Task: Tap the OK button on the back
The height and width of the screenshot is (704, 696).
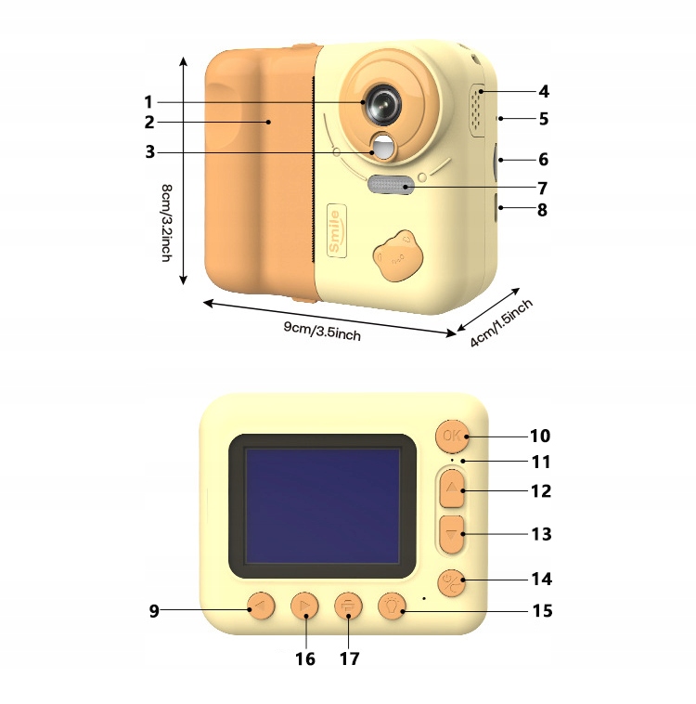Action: (x=452, y=436)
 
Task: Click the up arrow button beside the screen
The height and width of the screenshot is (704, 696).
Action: (x=452, y=488)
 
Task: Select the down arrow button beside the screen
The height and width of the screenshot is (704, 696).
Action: (x=452, y=534)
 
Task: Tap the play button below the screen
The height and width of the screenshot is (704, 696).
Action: (x=303, y=607)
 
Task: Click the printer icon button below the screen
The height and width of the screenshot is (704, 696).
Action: (x=348, y=607)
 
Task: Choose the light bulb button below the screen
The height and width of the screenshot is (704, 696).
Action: (x=393, y=607)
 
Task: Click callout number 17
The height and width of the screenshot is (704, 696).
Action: (x=349, y=658)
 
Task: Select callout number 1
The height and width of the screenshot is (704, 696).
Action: (x=148, y=100)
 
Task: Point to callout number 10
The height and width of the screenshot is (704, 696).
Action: (x=539, y=436)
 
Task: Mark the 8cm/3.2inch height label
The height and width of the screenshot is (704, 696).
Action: (x=166, y=223)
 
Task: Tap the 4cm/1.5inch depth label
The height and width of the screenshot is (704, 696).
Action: (x=501, y=322)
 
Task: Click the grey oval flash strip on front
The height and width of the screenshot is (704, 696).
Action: (x=391, y=186)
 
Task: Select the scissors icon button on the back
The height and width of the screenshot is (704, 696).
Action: (x=452, y=581)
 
